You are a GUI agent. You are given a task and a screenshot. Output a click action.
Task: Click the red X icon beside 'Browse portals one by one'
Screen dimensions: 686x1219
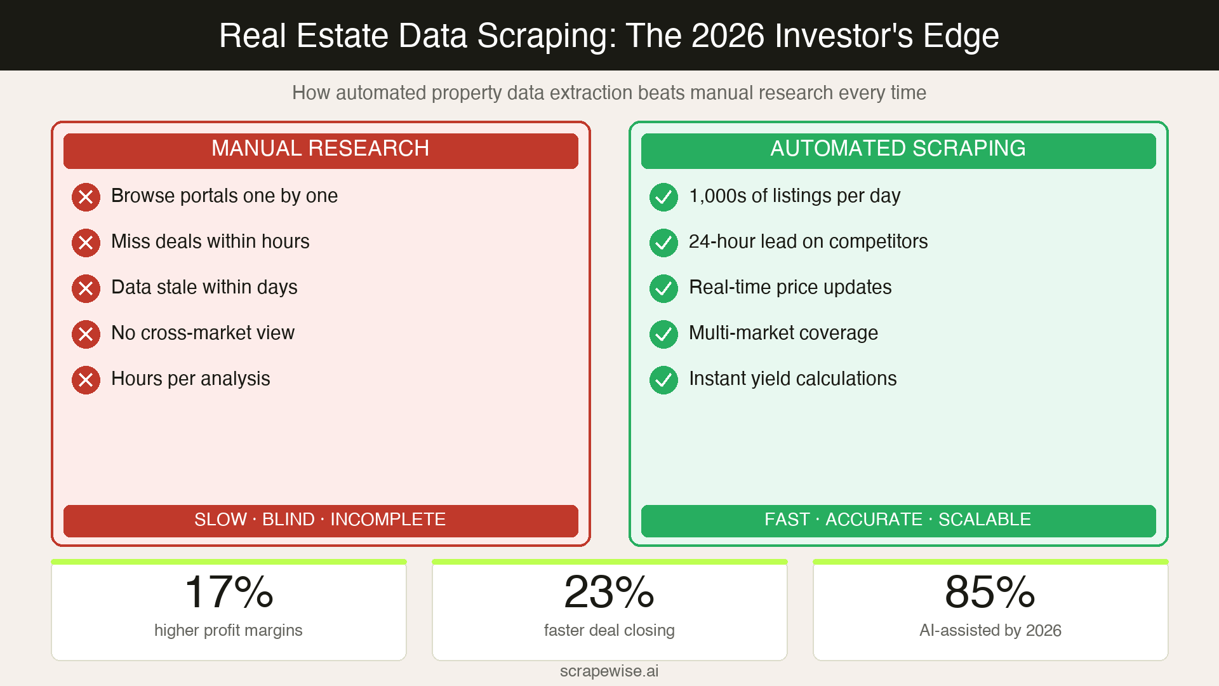click(86, 197)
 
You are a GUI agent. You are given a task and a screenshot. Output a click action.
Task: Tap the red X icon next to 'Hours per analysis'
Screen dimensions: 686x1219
click(86, 380)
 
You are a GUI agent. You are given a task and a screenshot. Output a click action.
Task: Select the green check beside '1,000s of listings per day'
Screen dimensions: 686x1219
click(663, 197)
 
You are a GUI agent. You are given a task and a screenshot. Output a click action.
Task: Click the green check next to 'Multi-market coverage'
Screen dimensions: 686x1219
click(663, 334)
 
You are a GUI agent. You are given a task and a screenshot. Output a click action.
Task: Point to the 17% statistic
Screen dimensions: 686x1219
click(229, 592)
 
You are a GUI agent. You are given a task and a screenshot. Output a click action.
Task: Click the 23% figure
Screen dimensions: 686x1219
click(609, 592)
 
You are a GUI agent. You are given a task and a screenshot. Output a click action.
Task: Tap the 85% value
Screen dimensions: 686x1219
click(990, 592)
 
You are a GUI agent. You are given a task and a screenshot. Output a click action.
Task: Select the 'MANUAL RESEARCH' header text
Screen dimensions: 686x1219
click(320, 149)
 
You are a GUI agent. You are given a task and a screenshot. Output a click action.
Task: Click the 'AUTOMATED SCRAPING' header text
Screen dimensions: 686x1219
click(898, 149)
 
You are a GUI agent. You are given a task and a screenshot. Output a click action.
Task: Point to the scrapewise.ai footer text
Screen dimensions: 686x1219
click(609, 671)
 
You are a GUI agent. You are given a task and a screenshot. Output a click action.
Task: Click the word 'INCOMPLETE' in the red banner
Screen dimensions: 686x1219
click(388, 520)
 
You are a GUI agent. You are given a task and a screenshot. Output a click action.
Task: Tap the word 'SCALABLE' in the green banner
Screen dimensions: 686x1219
click(984, 520)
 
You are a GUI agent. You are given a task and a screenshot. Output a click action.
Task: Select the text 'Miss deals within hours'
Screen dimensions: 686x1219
click(210, 241)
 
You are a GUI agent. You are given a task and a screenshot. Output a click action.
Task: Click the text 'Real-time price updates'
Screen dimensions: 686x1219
click(790, 287)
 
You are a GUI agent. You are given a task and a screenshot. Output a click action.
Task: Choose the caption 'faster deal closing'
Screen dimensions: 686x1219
click(609, 630)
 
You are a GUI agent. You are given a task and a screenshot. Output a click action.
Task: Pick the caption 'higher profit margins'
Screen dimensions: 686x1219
click(229, 630)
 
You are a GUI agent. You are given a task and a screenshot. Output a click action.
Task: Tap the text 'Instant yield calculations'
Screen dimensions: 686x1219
click(792, 379)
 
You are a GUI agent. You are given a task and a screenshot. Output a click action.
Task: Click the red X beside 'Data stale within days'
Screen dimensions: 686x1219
click(86, 288)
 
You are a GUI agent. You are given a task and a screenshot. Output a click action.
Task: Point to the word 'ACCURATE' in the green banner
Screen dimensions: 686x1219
click(874, 520)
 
